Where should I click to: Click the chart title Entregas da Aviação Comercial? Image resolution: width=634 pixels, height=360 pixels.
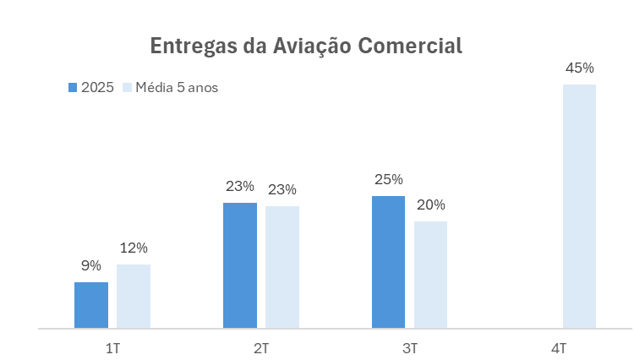306,46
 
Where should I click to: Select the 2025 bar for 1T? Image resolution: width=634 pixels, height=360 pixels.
91,305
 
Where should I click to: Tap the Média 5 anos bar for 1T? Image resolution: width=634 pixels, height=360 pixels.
134,296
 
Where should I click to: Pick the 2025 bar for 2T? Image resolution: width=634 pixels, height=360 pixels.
240,265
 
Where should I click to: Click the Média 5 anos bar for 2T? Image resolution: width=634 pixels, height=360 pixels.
282,267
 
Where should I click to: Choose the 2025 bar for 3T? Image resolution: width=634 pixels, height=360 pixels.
389,262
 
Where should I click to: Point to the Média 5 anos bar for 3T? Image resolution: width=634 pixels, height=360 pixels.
430,275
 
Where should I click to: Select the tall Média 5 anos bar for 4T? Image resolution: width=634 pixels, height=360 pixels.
579,206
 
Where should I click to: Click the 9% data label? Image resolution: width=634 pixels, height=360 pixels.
91,266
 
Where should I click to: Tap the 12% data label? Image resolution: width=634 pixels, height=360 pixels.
134,248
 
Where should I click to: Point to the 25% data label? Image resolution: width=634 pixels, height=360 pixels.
389,179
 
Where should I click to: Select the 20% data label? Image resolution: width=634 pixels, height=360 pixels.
430,205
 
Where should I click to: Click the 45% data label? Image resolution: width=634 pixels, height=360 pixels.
579,68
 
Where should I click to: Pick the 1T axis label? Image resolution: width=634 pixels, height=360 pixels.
112,347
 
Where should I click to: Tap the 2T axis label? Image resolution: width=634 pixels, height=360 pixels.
261,347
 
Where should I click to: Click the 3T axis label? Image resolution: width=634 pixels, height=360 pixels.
410,347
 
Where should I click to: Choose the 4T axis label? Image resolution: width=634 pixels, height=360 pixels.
559,347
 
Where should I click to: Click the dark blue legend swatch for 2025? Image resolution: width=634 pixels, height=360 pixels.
73,87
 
